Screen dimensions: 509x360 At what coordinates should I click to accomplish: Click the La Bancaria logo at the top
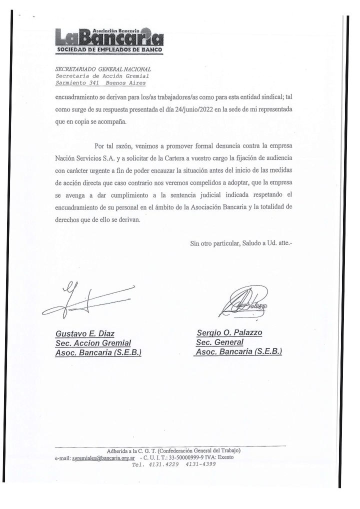[x=109, y=36]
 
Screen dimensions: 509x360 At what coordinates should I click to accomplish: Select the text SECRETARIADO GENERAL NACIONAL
[x=102, y=69]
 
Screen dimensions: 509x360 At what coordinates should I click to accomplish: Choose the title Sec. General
[x=220, y=342]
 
